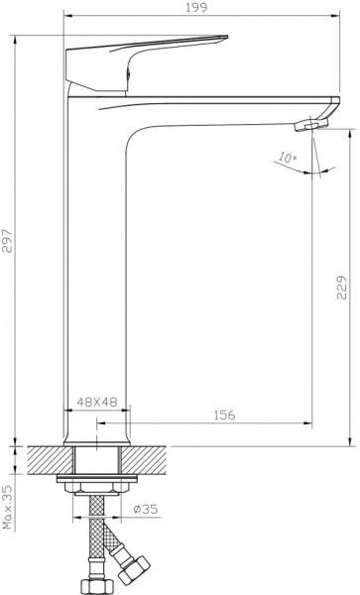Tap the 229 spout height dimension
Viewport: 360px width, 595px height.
click(x=340, y=288)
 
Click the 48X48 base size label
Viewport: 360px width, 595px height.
click(x=97, y=403)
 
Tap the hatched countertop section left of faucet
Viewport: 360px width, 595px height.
click(x=50, y=461)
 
